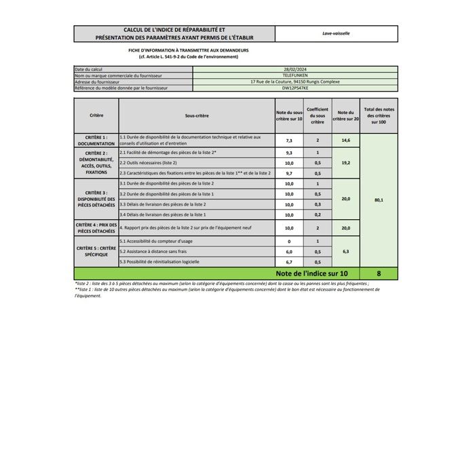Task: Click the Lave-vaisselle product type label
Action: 336,33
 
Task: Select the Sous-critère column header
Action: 196,115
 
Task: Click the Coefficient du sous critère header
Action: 318,115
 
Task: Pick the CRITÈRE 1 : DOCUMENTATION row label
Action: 96,140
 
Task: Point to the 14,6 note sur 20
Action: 345,140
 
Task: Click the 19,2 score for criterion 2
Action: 345,163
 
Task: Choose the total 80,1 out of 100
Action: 378,201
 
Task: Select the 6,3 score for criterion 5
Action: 345,251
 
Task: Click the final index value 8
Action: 378,273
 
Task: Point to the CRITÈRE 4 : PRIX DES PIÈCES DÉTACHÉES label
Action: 96,228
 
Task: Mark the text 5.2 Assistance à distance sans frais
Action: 155,251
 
